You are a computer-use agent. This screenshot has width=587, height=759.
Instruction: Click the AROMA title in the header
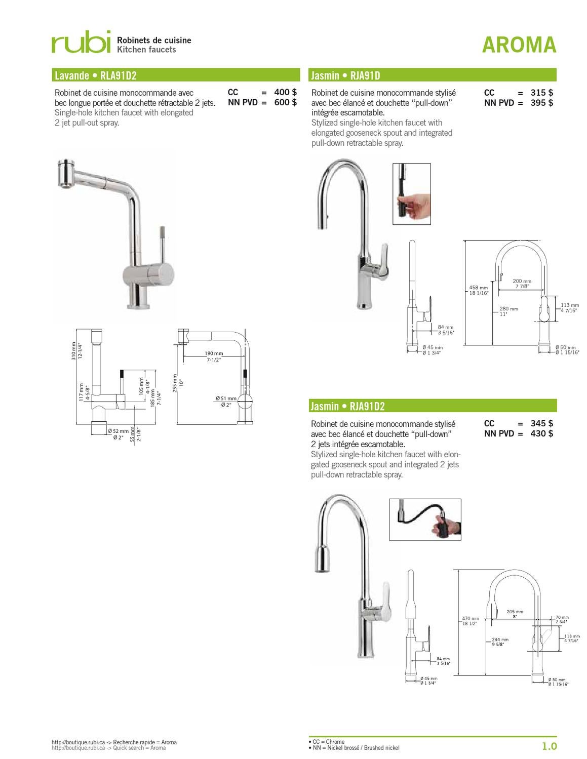coord(519,45)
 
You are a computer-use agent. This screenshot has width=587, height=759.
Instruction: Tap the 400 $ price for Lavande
coord(285,92)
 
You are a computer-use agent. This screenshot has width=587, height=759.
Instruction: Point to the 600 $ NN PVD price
coord(285,102)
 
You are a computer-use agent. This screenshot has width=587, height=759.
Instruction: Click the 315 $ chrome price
coord(541,93)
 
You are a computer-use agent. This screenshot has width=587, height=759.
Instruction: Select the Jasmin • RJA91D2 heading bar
coord(433,406)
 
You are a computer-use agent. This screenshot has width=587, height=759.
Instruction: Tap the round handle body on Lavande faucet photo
coord(159,274)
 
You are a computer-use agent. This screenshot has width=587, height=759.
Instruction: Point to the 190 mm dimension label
coord(214,353)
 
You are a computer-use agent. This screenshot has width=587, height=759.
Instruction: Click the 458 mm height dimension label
coord(478,288)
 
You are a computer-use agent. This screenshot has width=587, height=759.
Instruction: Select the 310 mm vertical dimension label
coord(74,350)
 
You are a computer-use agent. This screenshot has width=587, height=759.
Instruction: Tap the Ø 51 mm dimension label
coord(225,398)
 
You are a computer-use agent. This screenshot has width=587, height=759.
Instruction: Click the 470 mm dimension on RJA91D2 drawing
coord(470,618)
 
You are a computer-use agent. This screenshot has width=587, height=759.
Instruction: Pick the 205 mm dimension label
coord(515,612)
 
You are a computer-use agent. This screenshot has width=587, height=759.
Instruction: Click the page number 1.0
coord(549,746)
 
